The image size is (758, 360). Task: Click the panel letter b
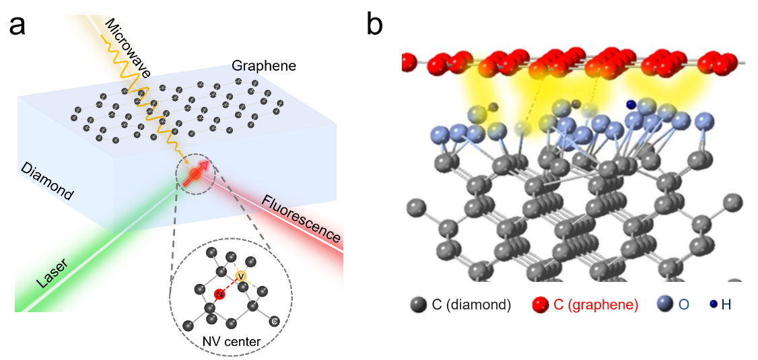tap(375, 25)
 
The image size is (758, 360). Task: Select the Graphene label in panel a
tap(264, 66)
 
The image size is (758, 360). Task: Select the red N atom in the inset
tap(219, 295)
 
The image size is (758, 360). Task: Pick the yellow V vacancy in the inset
tap(242, 276)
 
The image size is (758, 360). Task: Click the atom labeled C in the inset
tap(274, 321)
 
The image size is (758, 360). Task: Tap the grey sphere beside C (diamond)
tap(419, 305)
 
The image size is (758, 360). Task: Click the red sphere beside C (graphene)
tap(541, 305)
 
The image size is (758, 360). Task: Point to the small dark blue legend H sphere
tap(712, 305)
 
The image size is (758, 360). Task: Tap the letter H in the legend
tap(726, 305)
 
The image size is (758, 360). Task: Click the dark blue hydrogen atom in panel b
tap(631, 104)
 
